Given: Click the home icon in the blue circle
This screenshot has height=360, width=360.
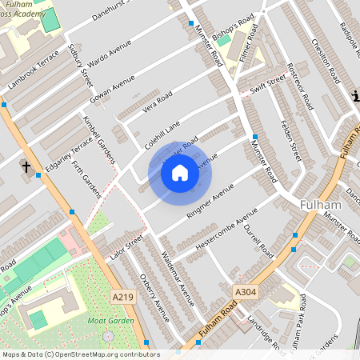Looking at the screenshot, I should pos(180,173).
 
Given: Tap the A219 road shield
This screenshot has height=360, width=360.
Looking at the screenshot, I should pos(122,297).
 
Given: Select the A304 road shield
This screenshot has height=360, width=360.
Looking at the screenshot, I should pos(245,292).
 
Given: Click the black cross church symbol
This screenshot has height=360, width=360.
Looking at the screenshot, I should pos(26,167).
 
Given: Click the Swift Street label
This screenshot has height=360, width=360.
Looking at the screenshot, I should pos(267,86).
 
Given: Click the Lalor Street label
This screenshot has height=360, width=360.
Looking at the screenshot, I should pos(124,249).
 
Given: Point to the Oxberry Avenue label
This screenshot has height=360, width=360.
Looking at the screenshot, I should pos(154,297).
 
